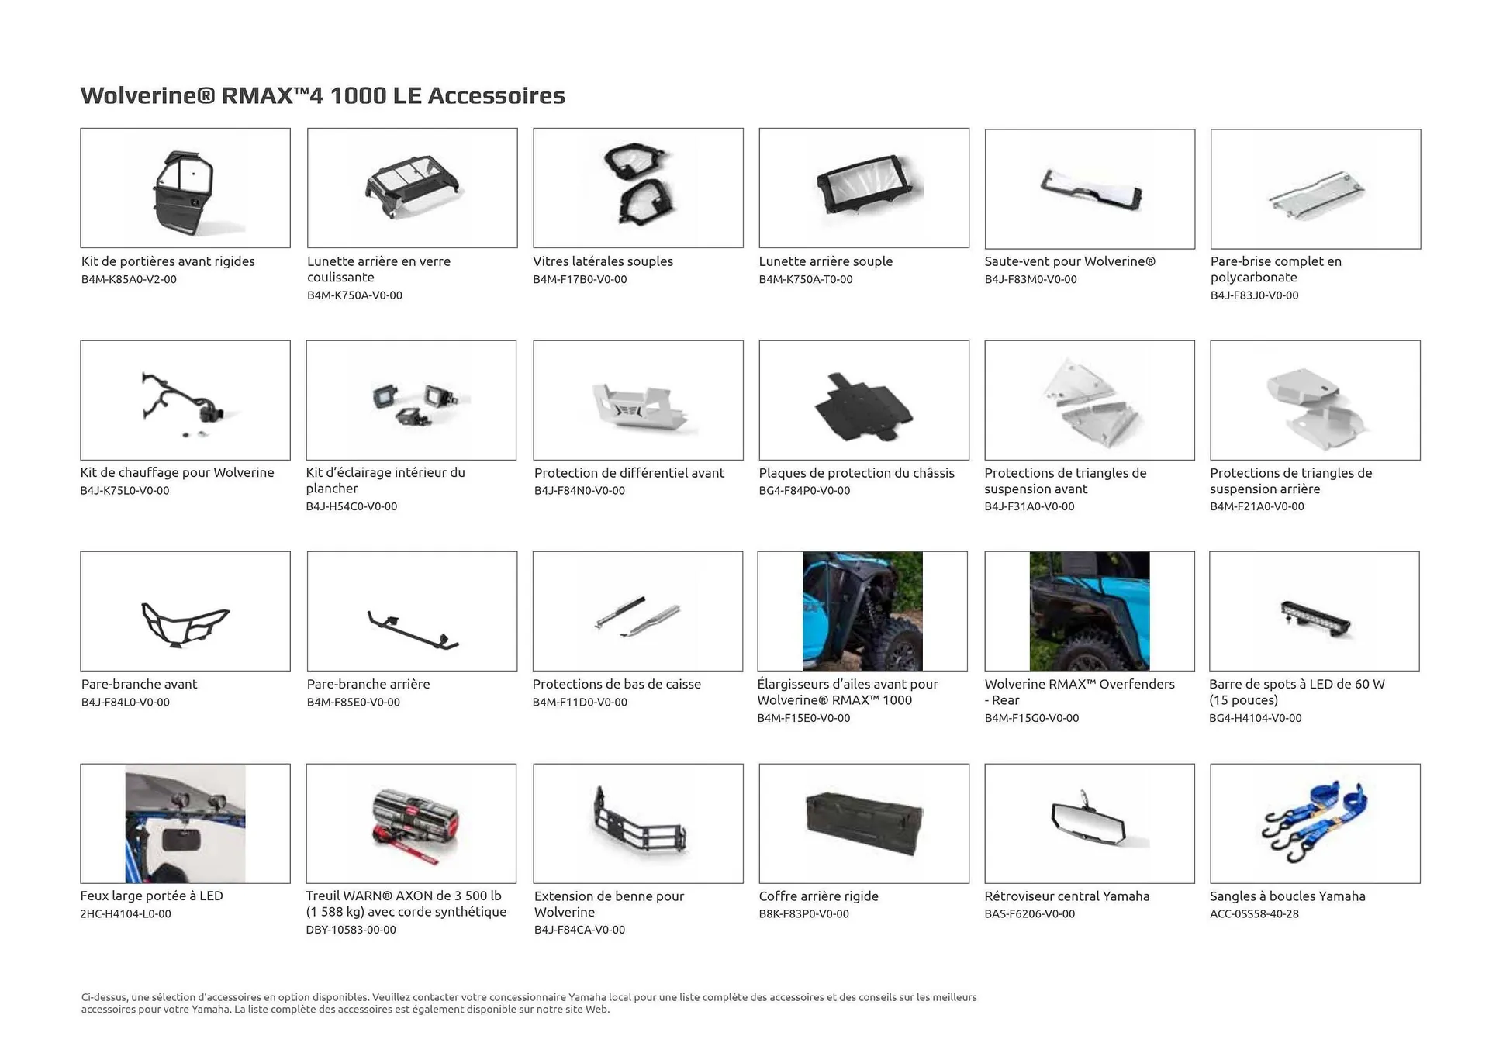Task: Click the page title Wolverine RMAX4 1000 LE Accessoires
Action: [x=323, y=95]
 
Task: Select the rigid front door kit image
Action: [x=185, y=188]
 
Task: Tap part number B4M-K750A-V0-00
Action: [x=354, y=295]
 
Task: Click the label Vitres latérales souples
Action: [x=603, y=261]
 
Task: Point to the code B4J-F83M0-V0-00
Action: [x=1031, y=279]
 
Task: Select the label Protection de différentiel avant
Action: [x=629, y=473]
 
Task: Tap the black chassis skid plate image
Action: [x=863, y=405]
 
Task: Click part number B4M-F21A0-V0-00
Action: [x=1256, y=506]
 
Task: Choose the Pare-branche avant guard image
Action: [x=185, y=623]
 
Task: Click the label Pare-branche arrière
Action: [x=368, y=684]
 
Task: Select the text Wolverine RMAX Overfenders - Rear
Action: [x=1079, y=692]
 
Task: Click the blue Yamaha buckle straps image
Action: [x=1315, y=822]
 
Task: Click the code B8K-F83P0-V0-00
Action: [x=803, y=914]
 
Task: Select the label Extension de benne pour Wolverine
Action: [x=609, y=904]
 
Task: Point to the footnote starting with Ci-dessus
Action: [x=528, y=1003]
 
